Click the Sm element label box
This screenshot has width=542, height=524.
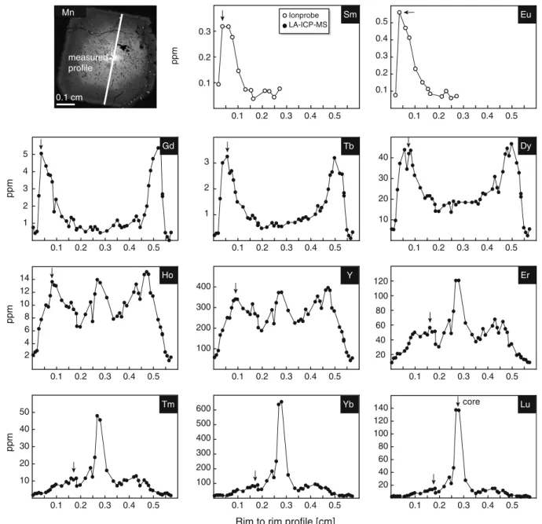[350, 14]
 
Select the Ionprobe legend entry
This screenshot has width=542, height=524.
[301, 15]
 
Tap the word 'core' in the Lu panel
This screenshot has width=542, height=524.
[471, 401]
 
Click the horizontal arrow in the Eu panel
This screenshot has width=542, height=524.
[409, 13]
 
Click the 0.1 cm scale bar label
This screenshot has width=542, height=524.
[69, 97]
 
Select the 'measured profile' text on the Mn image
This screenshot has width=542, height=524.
[88, 63]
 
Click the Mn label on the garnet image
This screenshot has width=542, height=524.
[68, 13]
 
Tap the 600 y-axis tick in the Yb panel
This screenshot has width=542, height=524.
[203, 409]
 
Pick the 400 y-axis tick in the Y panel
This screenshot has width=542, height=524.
[203, 287]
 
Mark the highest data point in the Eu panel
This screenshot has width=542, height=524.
[400, 13]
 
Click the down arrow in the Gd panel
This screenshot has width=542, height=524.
[41, 144]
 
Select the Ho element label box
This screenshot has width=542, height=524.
[168, 275]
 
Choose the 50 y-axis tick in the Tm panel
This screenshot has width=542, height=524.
[25, 412]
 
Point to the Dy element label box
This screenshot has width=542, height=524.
[526, 146]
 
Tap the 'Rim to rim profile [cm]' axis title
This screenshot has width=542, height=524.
[285, 520]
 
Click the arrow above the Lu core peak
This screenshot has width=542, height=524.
[458, 401]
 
